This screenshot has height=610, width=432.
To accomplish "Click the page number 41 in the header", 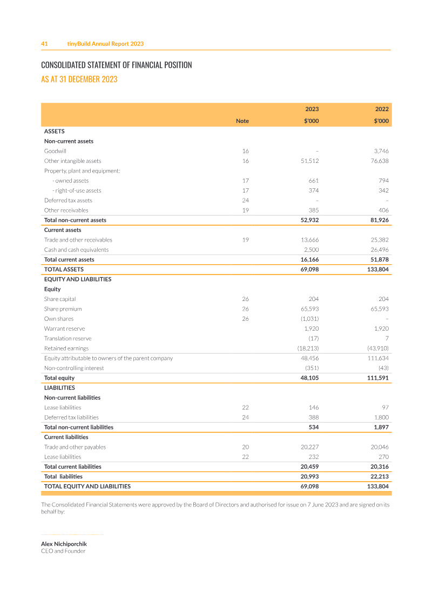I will (x=45, y=44).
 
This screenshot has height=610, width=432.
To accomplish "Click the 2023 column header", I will (x=312, y=109).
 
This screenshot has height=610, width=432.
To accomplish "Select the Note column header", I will (x=242, y=121).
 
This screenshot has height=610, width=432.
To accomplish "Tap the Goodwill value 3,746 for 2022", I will (x=380, y=151).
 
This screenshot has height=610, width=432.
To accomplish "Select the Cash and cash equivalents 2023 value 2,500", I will (x=310, y=250).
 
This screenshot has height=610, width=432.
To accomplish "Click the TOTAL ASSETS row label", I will (x=64, y=269).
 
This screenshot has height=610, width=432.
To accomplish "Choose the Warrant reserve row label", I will (x=64, y=328).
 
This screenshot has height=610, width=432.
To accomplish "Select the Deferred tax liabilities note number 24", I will (x=245, y=417).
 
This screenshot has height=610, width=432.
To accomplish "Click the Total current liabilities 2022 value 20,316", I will (x=378, y=467).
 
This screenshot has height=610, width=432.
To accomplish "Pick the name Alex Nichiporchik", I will (x=64, y=544).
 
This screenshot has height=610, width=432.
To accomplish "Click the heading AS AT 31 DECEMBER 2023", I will (x=79, y=79).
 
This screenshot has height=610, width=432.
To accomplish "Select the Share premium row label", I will (x=63, y=309).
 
